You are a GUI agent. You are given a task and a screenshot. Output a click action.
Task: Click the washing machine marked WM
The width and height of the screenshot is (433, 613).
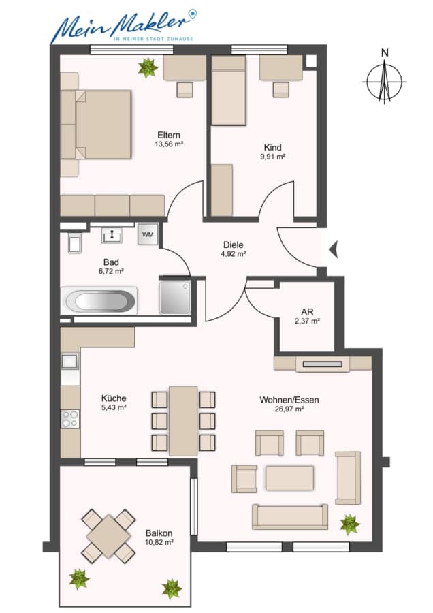148,234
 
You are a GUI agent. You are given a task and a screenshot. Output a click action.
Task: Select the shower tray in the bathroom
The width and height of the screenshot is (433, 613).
175,297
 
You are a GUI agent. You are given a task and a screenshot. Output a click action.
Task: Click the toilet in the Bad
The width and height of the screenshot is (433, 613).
75,243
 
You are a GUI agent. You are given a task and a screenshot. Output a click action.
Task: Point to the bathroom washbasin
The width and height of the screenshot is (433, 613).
112,236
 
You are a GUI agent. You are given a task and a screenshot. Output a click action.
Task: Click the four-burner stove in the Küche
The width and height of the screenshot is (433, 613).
70,418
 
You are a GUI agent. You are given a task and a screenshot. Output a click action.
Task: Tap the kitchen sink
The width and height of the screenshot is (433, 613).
70,361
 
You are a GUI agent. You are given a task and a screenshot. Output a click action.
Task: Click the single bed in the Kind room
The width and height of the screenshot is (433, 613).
229,91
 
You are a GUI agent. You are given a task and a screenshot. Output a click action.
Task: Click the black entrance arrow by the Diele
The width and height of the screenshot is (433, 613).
334,250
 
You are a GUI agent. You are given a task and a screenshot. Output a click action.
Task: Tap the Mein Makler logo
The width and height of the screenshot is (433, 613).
123,26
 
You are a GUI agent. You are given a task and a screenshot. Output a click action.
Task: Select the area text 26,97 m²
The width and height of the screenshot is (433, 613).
289,409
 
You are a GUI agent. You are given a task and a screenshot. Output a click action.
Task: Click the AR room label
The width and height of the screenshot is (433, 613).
307,312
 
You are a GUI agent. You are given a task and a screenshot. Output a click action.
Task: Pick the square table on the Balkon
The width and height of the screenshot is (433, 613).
108,535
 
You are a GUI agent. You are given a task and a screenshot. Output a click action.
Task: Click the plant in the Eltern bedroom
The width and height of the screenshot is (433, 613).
148,67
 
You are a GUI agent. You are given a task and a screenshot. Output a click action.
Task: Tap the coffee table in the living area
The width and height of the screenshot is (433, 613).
289,477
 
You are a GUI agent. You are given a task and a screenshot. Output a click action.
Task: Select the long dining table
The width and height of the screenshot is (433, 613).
183,421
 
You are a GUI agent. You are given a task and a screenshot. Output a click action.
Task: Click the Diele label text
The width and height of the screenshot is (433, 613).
234,245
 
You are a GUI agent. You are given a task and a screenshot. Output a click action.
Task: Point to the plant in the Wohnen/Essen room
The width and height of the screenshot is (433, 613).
349,524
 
